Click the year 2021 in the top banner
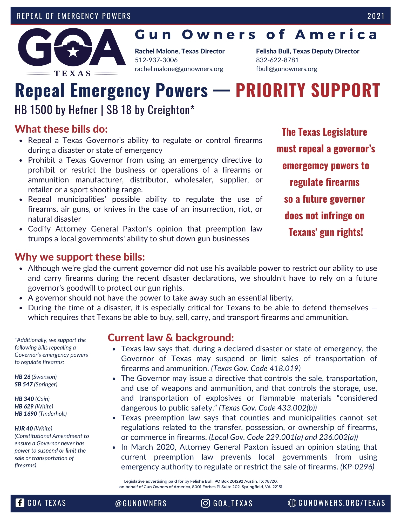[376, 16]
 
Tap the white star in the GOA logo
[73, 52]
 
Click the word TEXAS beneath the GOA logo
[72, 74]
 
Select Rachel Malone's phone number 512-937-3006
[156, 60]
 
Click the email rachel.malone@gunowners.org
[179, 69]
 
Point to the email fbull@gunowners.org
[286, 69]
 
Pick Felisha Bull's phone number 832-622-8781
[277, 60]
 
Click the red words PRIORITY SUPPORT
[308, 91]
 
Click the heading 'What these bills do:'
[61, 129]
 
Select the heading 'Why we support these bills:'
[80, 257]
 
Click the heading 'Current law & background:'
[171, 338]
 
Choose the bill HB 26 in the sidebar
[22, 377]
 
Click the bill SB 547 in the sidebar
[24, 384]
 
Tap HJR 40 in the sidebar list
[24, 428]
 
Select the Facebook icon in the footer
[20, 503]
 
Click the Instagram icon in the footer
[205, 503]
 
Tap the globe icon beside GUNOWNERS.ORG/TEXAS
[292, 503]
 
